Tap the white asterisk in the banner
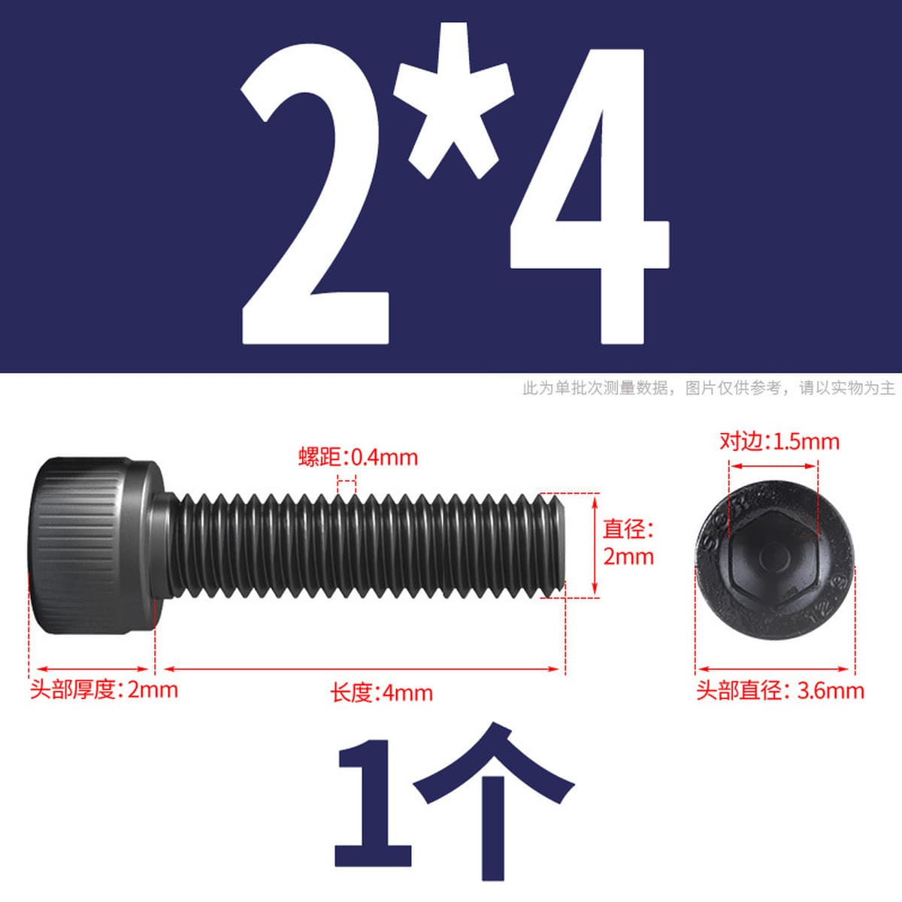[453, 101]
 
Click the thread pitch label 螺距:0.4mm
[358, 457]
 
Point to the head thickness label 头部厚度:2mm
[104, 690]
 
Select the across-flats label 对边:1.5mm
[779, 442]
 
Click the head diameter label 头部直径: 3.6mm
[779, 691]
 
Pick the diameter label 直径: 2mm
[628, 543]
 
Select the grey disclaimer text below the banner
[708, 388]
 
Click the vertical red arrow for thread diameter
[595, 545]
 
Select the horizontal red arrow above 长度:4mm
[362, 669]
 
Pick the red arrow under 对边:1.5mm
[773, 466]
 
